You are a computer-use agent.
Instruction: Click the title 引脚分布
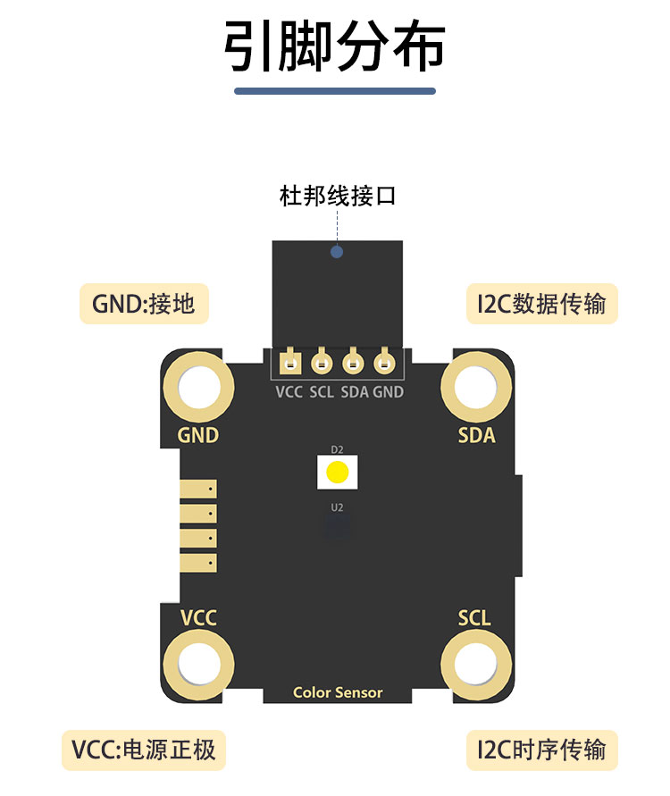tap(334, 46)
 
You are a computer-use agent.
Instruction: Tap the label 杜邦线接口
tap(338, 196)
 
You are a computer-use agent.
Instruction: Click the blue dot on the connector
tap(337, 252)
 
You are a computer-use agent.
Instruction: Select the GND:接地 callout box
tap(144, 304)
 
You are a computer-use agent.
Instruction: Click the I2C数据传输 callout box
tap(541, 304)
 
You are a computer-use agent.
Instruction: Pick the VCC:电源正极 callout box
tap(144, 750)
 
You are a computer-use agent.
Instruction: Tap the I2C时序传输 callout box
tap(541, 750)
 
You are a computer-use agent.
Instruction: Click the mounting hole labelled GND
tap(198, 388)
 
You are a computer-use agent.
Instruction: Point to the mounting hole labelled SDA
tap(476, 388)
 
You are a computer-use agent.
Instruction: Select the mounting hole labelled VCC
tap(198, 664)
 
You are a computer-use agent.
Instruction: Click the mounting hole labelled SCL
tap(476, 664)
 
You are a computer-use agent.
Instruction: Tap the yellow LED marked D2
tap(337, 472)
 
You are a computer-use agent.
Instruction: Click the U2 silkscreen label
tap(337, 507)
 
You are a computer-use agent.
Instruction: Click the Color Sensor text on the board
tap(338, 692)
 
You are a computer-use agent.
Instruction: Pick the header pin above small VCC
tap(290, 363)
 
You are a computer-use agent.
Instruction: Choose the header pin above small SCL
tap(322, 363)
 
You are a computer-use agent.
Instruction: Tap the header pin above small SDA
tap(353, 363)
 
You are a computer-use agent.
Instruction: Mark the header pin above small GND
tap(384, 363)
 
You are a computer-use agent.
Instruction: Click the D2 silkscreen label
tap(337, 449)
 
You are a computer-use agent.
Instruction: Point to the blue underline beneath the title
tap(335, 91)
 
